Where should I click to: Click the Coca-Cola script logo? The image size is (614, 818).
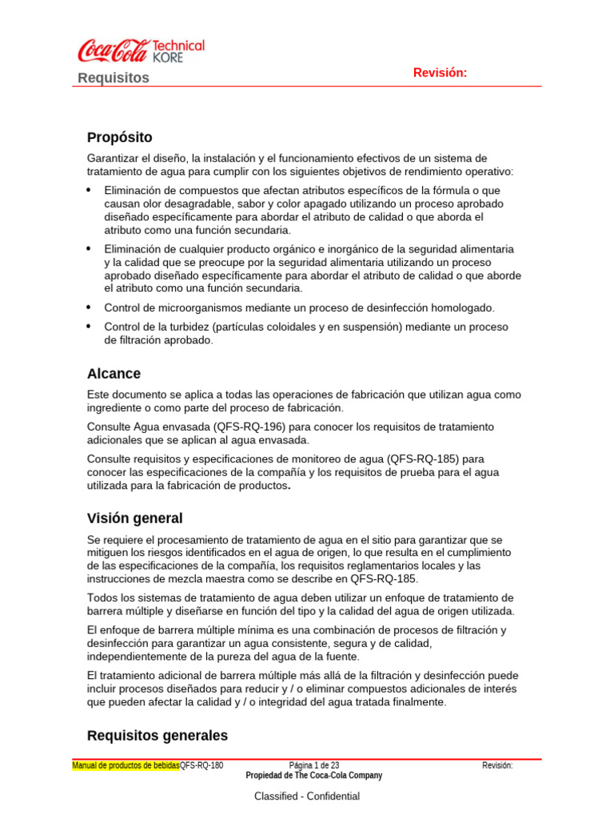click(112, 52)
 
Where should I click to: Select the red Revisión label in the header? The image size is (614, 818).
click(440, 73)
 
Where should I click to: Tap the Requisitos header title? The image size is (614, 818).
click(114, 77)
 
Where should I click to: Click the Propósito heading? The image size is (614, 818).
click(119, 137)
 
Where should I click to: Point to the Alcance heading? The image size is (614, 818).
click(114, 373)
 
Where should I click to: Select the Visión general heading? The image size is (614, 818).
click(134, 518)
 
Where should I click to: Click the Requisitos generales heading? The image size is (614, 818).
click(157, 735)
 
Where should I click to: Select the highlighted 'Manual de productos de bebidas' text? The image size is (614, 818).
click(126, 765)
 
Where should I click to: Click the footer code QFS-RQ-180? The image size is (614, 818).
click(201, 765)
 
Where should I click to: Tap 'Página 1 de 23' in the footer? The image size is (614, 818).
click(313, 765)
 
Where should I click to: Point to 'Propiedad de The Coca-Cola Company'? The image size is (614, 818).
click(313, 776)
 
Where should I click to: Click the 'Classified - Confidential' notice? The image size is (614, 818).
click(307, 796)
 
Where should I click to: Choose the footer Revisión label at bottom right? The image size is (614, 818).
click(497, 765)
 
